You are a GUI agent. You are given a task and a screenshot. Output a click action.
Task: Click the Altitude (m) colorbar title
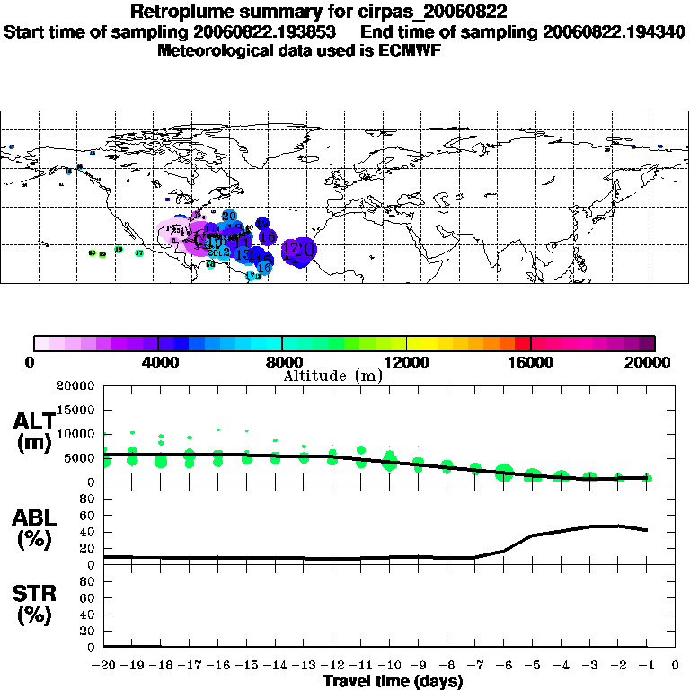(x=332, y=375)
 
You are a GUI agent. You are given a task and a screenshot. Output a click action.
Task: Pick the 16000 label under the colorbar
(x=532, y=362)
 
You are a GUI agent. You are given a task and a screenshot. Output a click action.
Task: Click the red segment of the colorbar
(x=523, y=343)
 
